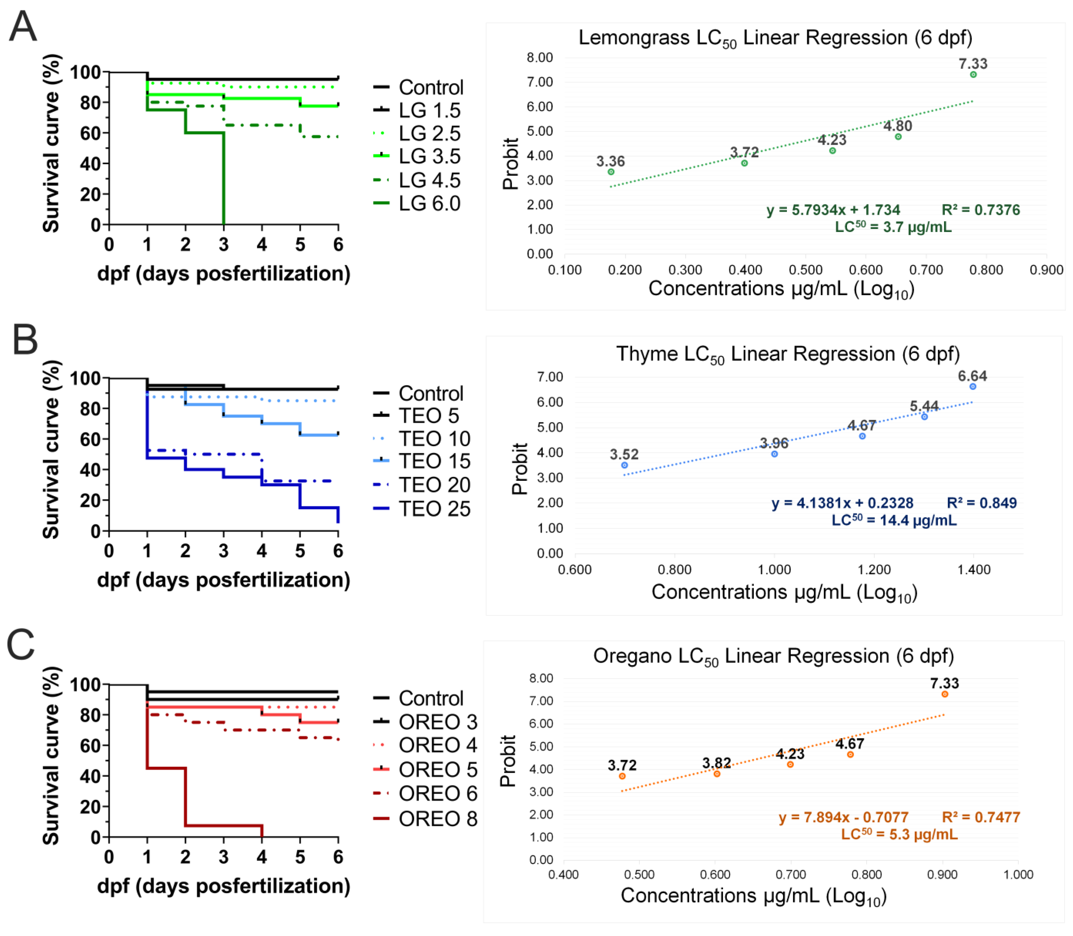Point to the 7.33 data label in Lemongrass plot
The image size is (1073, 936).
[973, 64]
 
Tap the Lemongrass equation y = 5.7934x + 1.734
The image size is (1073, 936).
[833, 210]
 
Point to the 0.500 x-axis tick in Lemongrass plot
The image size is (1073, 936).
[805, 270]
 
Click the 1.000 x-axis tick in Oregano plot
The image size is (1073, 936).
[1018, 874]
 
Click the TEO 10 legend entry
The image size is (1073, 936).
[434, 439]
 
